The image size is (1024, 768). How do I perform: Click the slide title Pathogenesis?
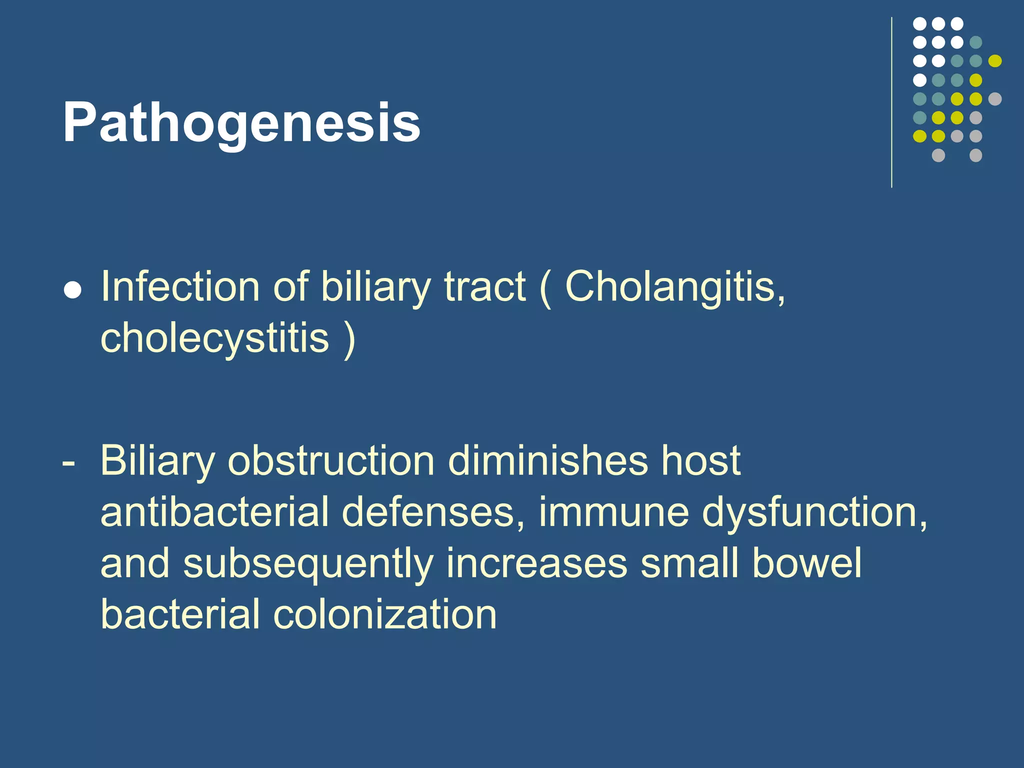pos(241,123)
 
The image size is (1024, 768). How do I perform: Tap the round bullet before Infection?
pos(73,291)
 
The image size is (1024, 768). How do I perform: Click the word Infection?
pos(180,287)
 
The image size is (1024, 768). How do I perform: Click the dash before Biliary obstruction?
pos(69,463)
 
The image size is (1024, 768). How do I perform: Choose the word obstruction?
pos(331,461)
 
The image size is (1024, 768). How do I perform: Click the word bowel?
pos(807,563)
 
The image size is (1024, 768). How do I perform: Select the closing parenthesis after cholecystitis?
pos(349,339)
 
